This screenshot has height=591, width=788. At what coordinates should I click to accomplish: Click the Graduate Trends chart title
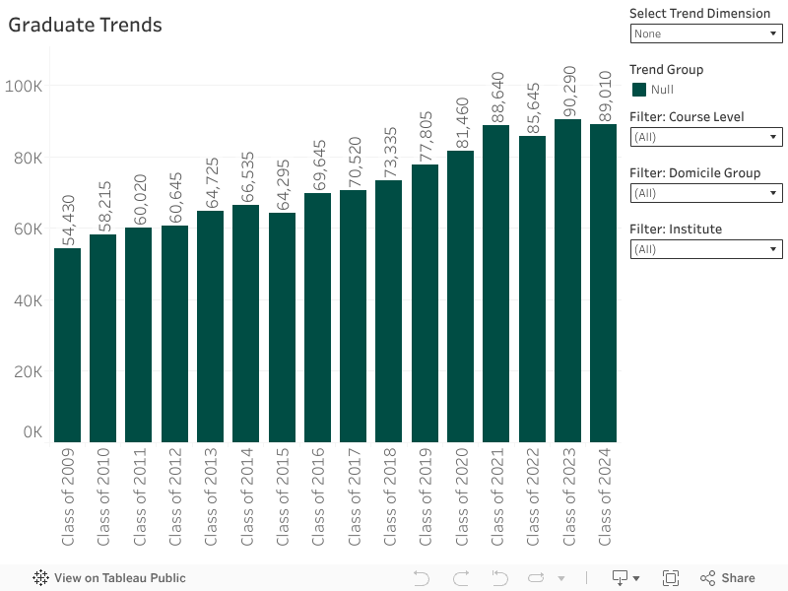(85, 26)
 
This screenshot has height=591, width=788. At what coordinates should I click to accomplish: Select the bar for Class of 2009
(67, 345)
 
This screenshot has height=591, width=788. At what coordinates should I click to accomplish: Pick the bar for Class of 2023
(567, 281)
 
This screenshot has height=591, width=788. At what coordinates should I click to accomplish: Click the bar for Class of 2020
(460, 295)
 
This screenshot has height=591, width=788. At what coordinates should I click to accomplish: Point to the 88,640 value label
(497, 96)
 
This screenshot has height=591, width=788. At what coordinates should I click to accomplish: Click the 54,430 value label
(68, 219)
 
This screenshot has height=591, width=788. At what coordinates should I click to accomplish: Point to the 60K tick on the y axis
(24, 229)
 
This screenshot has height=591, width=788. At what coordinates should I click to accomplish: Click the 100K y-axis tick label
(24, 87)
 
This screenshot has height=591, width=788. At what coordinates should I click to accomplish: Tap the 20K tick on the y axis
(24, 371)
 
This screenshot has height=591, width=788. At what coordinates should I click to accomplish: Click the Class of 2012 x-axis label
(174, 497)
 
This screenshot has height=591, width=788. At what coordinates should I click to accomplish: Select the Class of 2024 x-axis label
(604, 497)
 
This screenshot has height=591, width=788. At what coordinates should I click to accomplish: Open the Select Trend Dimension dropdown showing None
(705, 33)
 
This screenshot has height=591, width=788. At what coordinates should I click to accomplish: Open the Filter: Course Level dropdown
(705, 137)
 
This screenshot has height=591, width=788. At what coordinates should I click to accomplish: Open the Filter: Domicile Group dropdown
(705, 193)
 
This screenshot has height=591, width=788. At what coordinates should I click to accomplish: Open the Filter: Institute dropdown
(705, 249)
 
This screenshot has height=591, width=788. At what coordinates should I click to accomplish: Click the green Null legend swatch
(638, 90)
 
